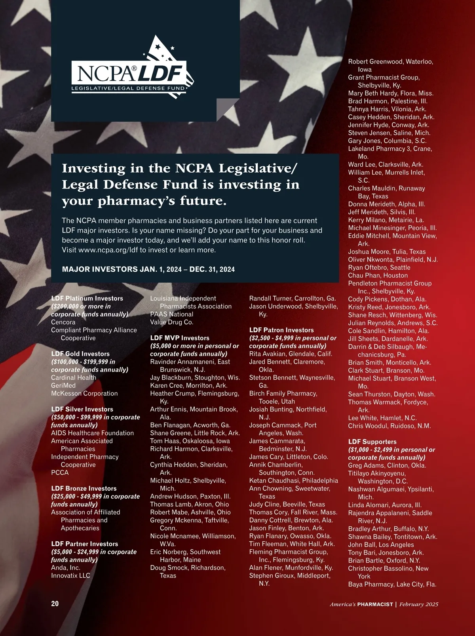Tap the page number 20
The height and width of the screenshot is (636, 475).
pos(55,604)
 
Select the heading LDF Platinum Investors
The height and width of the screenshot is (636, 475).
pos(87,298)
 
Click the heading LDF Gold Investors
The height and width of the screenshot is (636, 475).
pos(80,354)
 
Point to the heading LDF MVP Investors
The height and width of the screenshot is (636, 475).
pos(180,338)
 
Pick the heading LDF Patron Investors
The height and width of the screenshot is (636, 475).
pos(281,330)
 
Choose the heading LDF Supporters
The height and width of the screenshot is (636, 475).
pos(372,442)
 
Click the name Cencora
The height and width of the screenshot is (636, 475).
pos(63,322)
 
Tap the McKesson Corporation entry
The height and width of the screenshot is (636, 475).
pos(84,393)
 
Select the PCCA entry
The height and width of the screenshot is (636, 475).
pos(60,472)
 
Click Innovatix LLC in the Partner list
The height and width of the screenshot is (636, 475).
pos(70,575)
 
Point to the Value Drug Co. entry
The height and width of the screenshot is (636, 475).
pos(172,322)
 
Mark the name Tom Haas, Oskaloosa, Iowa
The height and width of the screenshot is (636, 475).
pos(190,441)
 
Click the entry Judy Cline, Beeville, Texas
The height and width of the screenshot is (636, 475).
pos(287,504)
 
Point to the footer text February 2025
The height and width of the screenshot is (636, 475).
pos(418,604)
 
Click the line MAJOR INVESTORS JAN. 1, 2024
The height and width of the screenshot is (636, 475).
pos(148,269)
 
